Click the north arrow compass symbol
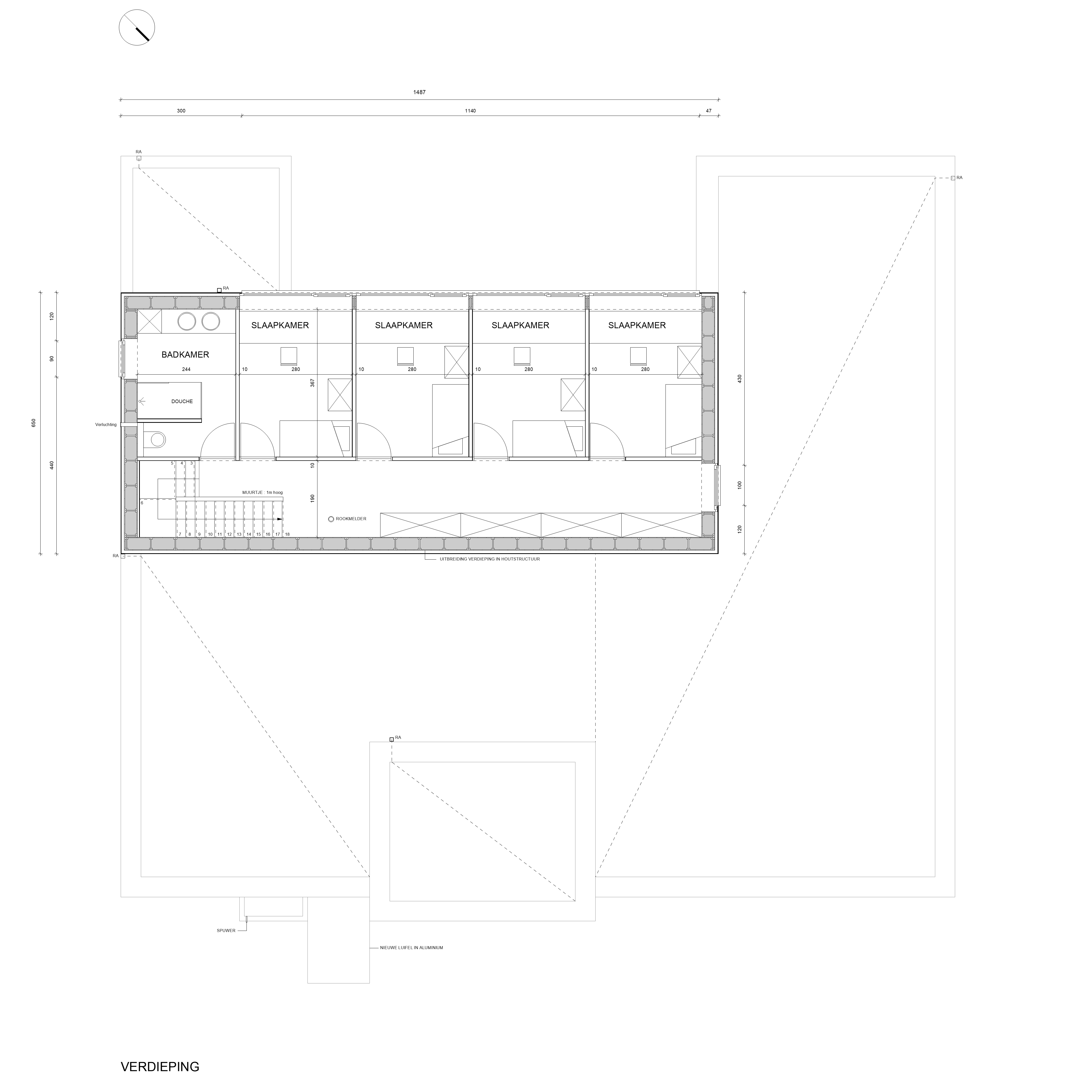(x=137, y=28)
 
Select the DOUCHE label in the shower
(x=182, y=402)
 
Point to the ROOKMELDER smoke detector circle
(x=331, y=519)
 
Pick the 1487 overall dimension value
(x=420, y=92)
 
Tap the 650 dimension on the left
(x=34, y=423)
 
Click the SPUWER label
(x=226, y=931)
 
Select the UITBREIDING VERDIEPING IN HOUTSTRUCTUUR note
(x=490, y=559)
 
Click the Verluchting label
(x=106, y=425)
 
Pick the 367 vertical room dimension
(x=312, y=383)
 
